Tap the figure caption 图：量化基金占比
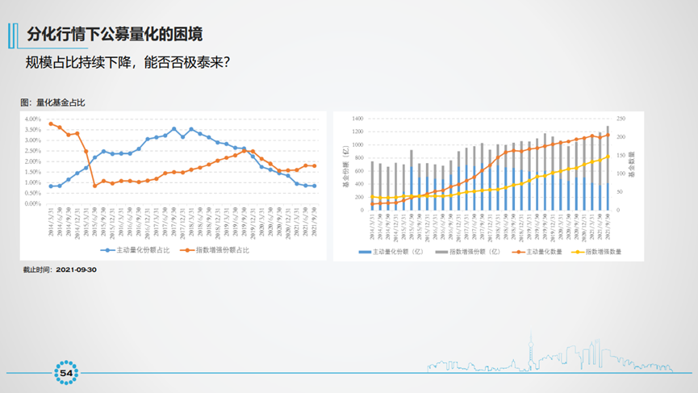click(53, 102)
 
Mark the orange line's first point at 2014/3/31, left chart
click(51, 123)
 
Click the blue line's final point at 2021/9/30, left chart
click(314, 186)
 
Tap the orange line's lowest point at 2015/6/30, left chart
click(95, 186)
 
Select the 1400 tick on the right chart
click(358, 119)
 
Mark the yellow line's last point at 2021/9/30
click(608, 156)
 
